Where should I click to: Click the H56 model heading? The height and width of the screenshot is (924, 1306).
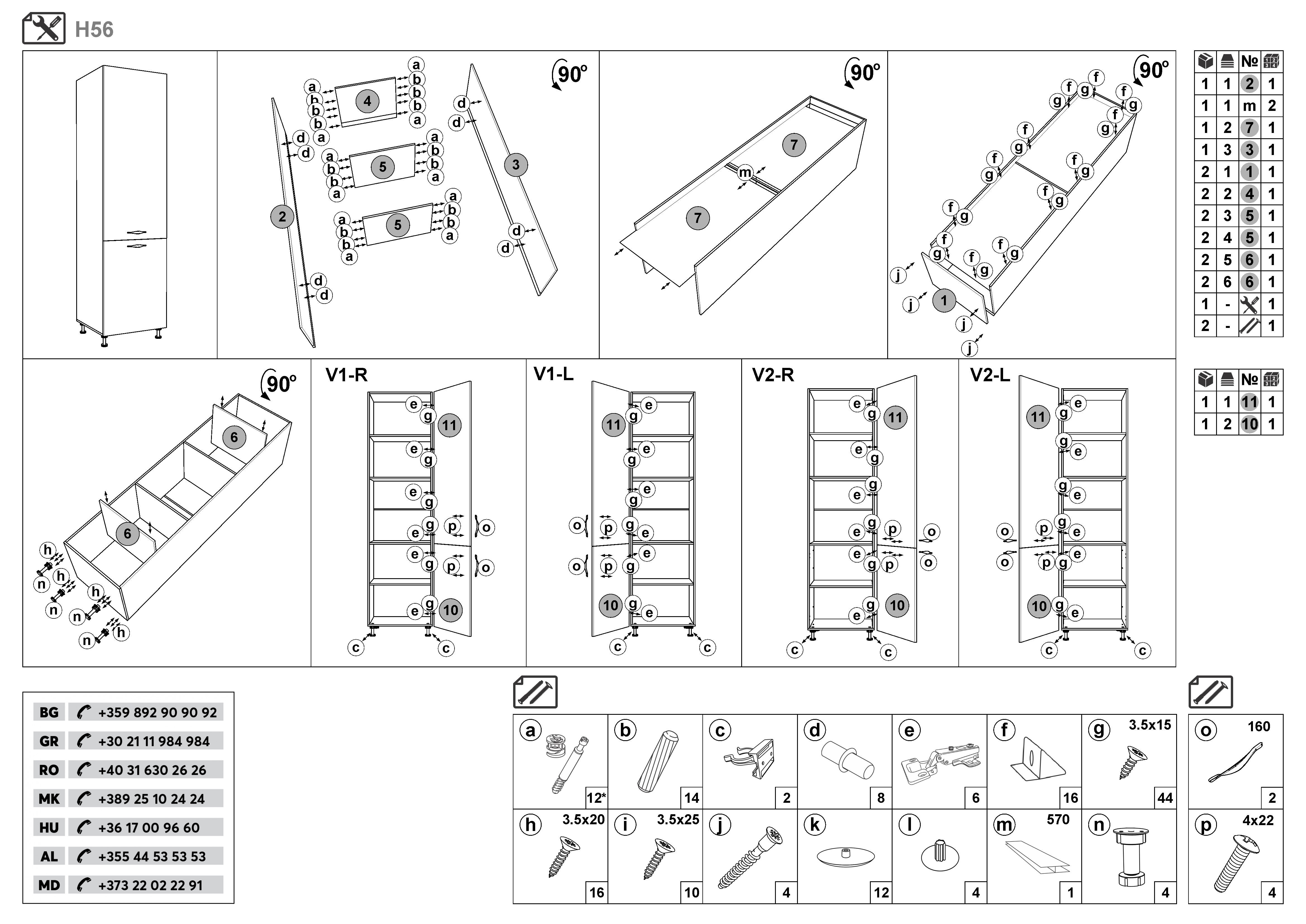[x=94, y=30]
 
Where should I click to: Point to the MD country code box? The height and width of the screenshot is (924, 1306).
[x=49, y=885]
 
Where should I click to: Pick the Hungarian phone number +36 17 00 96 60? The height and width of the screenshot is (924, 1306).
[x=149, y=828]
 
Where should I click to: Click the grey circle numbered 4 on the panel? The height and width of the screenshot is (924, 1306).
[x=367, y=101]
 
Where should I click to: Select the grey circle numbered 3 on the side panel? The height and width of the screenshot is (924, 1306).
[x=515, y=165]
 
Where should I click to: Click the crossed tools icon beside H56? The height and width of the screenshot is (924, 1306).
[x=44, y=28]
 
